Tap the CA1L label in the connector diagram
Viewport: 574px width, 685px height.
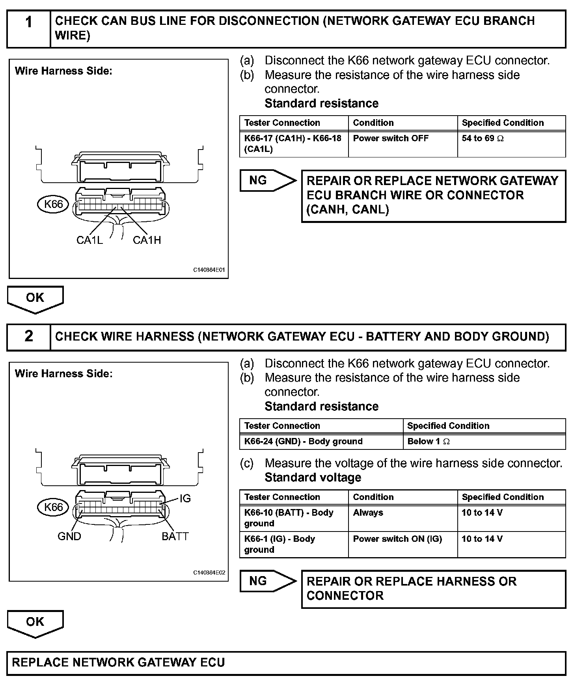(x=89, y=240)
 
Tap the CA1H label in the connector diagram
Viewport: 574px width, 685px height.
(x=147, y=240)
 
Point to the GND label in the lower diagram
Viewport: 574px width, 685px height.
(x=69, y=536)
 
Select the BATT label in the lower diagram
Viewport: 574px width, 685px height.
(x=175, y=536)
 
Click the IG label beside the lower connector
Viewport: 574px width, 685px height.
(x=185, y=499)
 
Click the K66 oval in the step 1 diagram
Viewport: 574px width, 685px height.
(x=53, y=204)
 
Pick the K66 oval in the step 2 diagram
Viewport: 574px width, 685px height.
(x=53, y=507)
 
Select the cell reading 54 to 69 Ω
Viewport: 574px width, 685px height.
(x=483, y=138)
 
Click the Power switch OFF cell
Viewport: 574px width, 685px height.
(x=390, y=138)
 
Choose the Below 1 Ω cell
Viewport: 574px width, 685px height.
(x=428, y=442)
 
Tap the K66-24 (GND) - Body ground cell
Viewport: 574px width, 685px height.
(x=303, y=442)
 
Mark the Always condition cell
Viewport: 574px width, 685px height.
(x=368, y=513)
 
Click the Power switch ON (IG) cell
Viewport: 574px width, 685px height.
(x=397, y=539)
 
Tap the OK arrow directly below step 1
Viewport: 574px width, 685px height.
(x=35, y=298)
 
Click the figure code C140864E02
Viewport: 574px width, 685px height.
(x=209, y=573)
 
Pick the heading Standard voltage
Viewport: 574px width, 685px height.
(x=313, y=477)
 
